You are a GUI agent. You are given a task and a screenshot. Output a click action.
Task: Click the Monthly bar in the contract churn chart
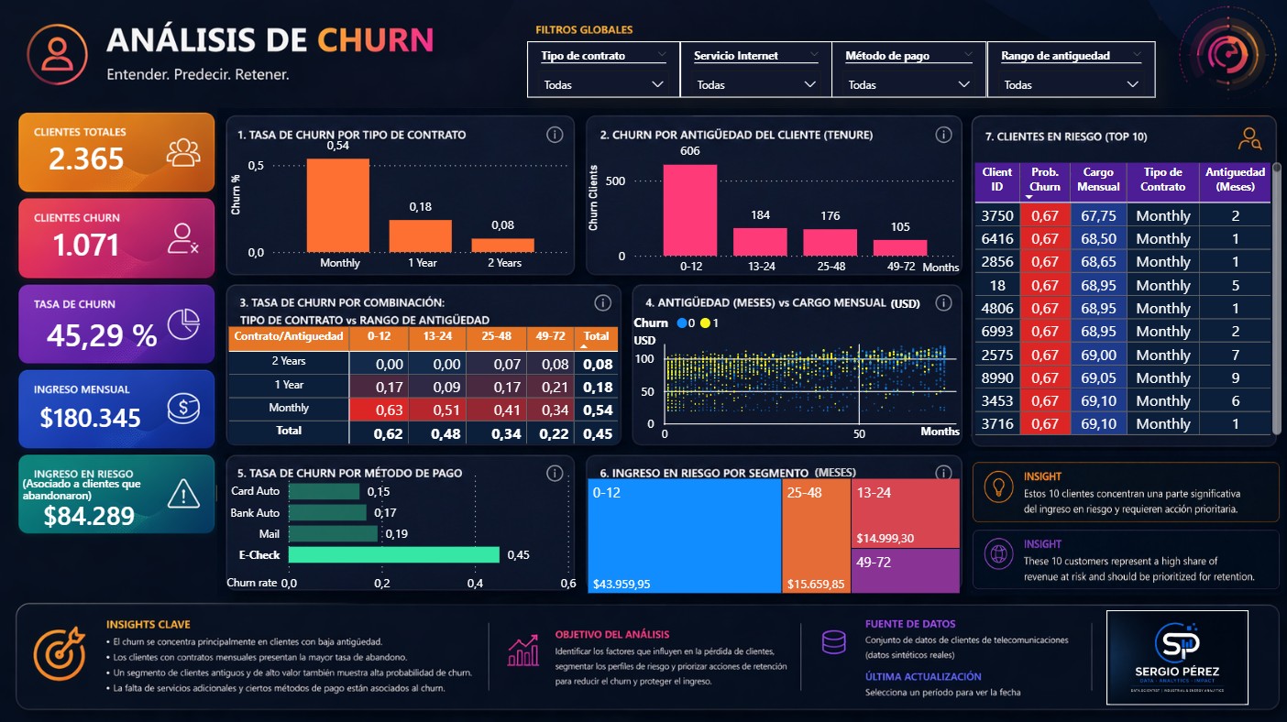pos(338,206)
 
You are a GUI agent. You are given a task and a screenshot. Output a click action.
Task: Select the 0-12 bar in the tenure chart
pos(689,211)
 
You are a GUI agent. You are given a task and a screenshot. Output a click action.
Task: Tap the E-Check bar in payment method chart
pos(393,554)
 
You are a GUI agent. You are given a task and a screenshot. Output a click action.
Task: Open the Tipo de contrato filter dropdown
pos(603,84)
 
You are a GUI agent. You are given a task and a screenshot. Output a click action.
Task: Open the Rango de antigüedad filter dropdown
pos(1071,84)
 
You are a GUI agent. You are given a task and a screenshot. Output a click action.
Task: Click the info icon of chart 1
pos(555,135)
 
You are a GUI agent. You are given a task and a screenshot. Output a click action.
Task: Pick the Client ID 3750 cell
pos(996,215)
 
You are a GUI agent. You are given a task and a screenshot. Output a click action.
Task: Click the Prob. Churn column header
pos(1045,179)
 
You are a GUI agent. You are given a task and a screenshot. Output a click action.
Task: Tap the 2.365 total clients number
pos(86,159)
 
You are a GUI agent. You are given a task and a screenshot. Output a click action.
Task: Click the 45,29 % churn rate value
pos(102,336)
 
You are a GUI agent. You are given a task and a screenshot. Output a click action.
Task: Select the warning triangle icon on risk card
pos(183,495)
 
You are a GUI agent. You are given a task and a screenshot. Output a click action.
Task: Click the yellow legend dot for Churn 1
pos(705,323)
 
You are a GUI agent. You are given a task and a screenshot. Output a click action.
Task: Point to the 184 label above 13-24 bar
pos(760,215)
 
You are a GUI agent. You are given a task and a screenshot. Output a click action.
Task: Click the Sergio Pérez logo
pos(1176,656)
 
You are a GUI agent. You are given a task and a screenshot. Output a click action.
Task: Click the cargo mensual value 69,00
pos(1098,355)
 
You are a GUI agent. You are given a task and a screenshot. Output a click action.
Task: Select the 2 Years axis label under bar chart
pos(503,263)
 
